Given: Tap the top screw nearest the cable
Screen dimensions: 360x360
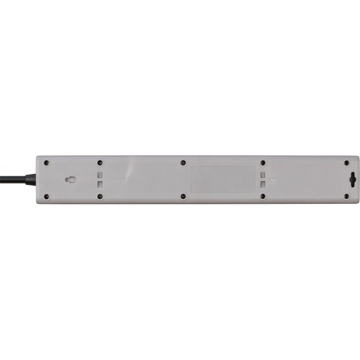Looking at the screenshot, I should (47, 163).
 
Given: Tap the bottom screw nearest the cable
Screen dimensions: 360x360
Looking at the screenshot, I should (47, 196).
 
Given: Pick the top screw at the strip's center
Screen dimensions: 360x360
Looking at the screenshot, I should (183, 163).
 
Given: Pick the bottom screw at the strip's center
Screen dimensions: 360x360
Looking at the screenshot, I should (183, 196).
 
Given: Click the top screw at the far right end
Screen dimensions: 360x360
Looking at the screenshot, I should (346, 163).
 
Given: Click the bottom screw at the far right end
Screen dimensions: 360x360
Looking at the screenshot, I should (346, 196).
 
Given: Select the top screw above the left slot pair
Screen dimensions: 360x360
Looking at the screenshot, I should (100, 163).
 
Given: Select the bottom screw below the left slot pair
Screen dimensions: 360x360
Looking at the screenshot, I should (100, 196).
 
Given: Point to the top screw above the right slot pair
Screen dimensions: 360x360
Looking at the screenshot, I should (262, 163).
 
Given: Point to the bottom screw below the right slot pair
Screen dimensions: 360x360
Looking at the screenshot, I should (262, 196).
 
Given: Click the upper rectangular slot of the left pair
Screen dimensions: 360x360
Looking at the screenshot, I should (100, 174).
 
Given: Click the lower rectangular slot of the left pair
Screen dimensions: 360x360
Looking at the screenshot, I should (100, 184).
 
